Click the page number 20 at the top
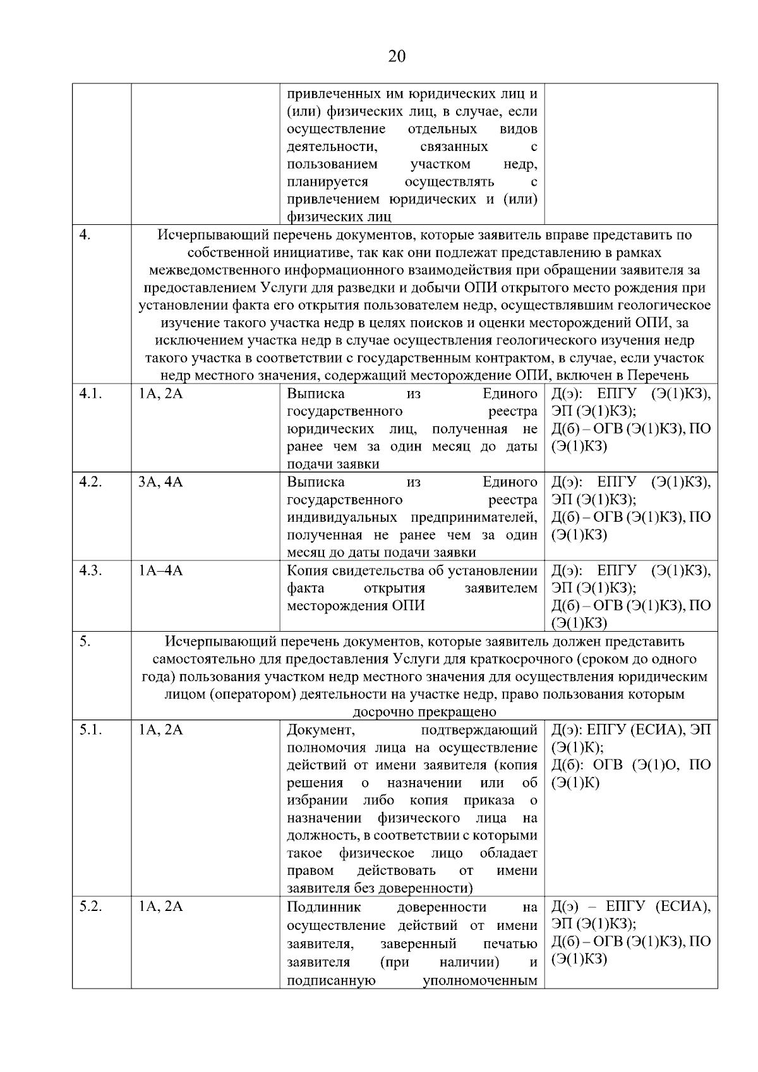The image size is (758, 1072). [x=397, y=57]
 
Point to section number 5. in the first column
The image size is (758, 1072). [x=85, y=642]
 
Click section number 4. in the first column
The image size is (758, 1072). [x=85, y=235]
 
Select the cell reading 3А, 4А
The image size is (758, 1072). [x=160, y=483]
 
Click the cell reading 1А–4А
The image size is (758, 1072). [x=160, y=571]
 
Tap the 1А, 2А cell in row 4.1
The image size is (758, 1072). [x=160, y=394]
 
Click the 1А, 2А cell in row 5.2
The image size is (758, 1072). [x=160, y=907]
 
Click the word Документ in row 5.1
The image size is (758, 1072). [x=321, y=730]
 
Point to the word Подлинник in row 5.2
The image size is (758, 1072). [x=323, y=907]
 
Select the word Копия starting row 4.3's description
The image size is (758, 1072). [x=307, y=571]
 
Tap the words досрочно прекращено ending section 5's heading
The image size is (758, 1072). [x=424, y=713]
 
